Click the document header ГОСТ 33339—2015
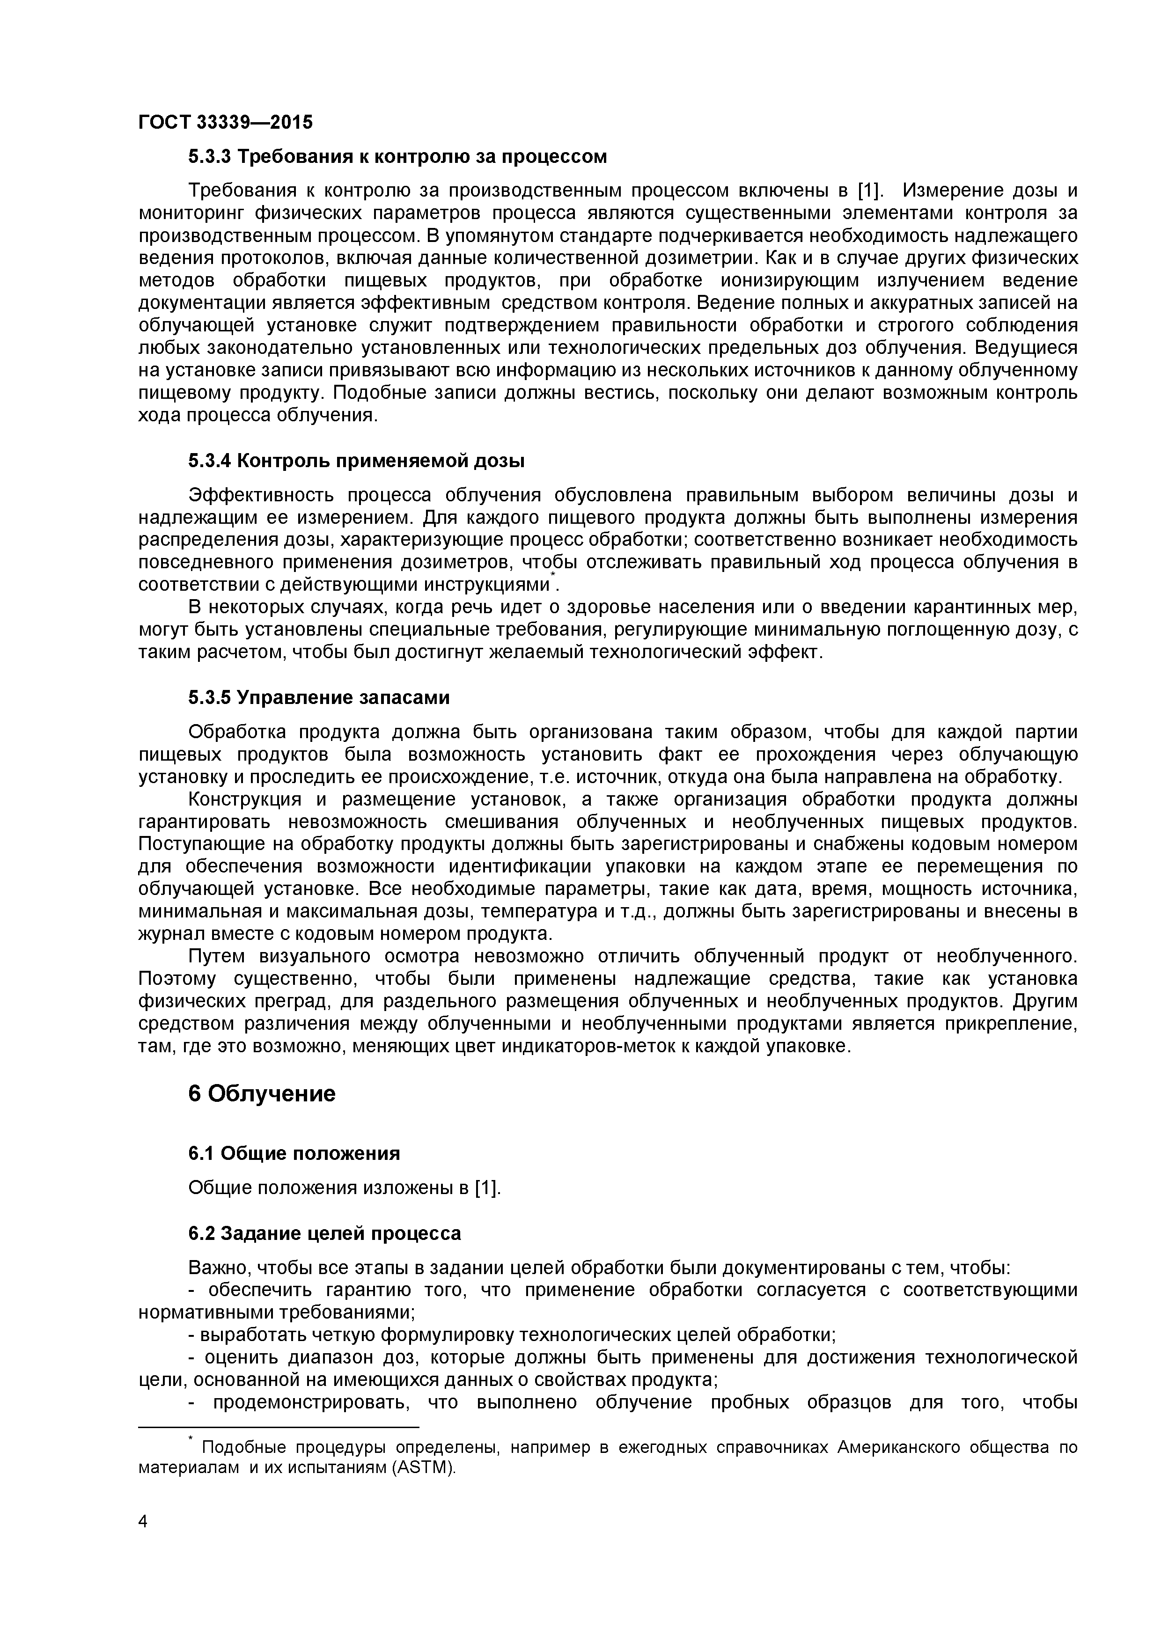pyautogui.click(x=225, y=122)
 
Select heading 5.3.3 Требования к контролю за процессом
pyautogui.click(x=397, y=157)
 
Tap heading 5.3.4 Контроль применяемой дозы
pyautogui.click(x=356, y=461)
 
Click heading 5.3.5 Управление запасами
pyautogui.click(x=319, y=697)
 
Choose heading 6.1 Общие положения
pyautogui.click(x=294, y=1173)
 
